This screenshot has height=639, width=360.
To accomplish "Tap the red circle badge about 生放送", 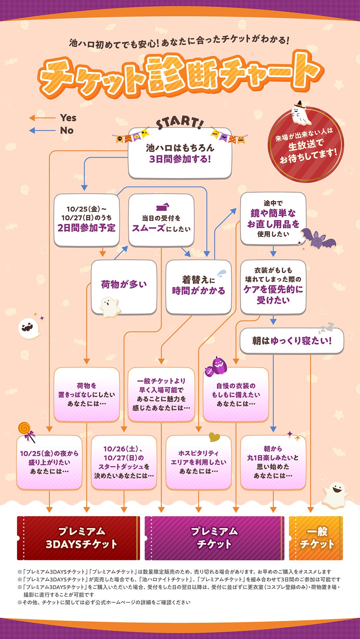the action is (306, 144).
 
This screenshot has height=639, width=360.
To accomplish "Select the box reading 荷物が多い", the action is (124, 287).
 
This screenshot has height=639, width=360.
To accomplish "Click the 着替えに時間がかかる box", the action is (198, 287).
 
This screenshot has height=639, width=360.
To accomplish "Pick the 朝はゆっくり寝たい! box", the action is (292, 341).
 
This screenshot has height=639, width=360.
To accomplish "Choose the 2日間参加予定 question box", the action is (87, 220).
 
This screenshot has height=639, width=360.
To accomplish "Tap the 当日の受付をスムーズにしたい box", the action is (161, 220).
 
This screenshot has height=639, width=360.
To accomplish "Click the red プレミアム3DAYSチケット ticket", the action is (79, 538).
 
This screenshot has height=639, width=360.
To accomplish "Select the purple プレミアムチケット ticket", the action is (214, 538).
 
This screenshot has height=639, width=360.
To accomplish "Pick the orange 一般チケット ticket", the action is (316, 538).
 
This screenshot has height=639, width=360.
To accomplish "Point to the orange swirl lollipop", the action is (26, 432).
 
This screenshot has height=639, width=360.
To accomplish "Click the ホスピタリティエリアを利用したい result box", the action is (198, 463).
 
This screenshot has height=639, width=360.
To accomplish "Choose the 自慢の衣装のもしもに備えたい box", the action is (236, 395).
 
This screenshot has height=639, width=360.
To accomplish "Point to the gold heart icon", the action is (214, 437).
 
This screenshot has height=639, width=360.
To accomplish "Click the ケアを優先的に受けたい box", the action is (273, 287).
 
